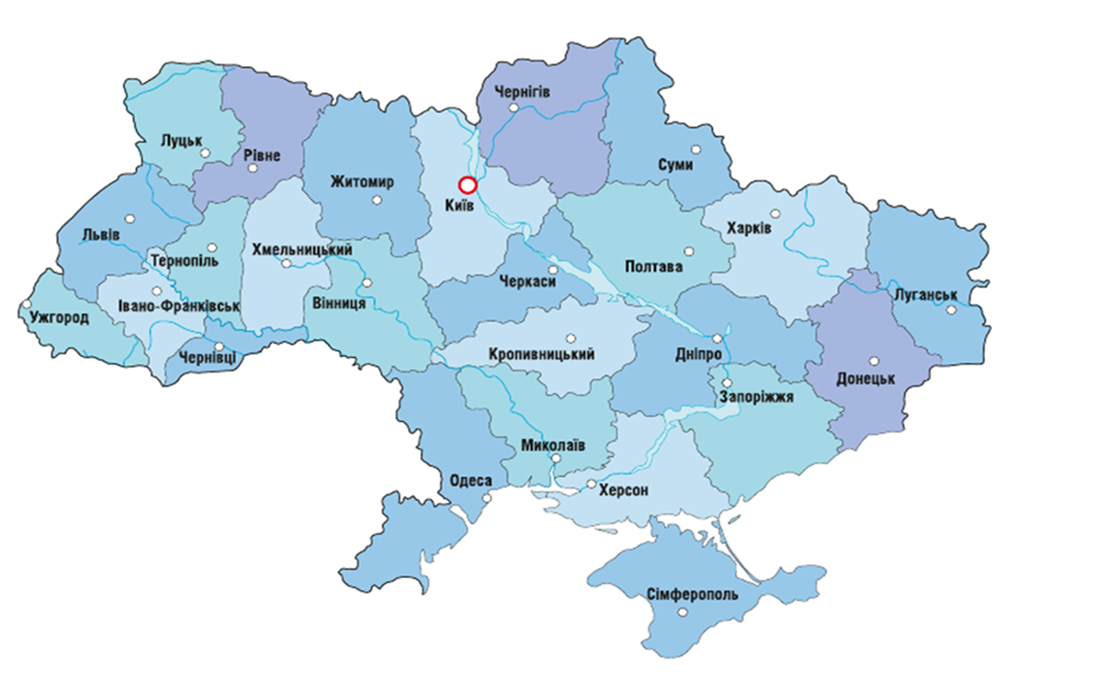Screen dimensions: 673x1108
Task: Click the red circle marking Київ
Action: pyautogui.click(x=467, y=185)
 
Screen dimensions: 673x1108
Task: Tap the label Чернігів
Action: pyautogui.click(x=522, y=90)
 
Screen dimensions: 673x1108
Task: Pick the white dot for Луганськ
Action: pyautogui.click(x=952, y=309)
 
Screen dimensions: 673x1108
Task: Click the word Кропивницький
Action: pyautogui.click(x=542, y=354)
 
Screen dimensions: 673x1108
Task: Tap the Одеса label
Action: pyautogui.click(x=471, y=481)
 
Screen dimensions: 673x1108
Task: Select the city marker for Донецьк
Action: pyautogui.click(x=875, y=361)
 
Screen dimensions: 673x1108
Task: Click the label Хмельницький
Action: pyautogui.click(x=302, y=248)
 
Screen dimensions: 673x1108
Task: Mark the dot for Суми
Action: pyautogui.click(x=695, y=149)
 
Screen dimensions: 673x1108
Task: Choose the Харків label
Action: pyautogui.click(x=749, y=227)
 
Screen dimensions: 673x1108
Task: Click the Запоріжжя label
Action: pyautogui.click(x=756, y=397)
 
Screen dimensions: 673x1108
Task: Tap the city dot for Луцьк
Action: pyautogui.click(x=206, y=154)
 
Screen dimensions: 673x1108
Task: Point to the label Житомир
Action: pyautogui.click(x=362, y=182)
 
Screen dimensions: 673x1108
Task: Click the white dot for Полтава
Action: pyautogui.click(x=689, y=251)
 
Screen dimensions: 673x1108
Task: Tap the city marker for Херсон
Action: pyautogui.click(x=592, y=484)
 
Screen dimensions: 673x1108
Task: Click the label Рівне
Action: pyautogui.click(x=263, y=155)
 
